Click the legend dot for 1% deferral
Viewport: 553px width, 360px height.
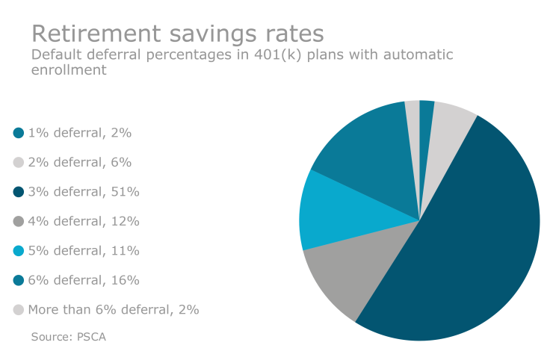pyautogui.click(x=19, y=133)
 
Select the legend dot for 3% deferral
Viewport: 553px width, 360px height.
pyautogui.click(x=19, y=192)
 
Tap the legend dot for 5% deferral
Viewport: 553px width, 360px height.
pyautogui.click(x=19, y=251)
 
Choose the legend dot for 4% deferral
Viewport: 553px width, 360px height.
pyautogui.click(x=19, y=221)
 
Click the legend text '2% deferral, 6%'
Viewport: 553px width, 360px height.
pyautogui.click(x=79, y=162)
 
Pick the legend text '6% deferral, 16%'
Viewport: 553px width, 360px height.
pyautogui.click(x=84, y=280)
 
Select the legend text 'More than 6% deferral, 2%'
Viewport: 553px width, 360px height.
pyautogui.click(x=114, y=309)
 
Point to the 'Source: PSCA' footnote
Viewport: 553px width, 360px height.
pyautogui.click(x=69, y=337)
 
